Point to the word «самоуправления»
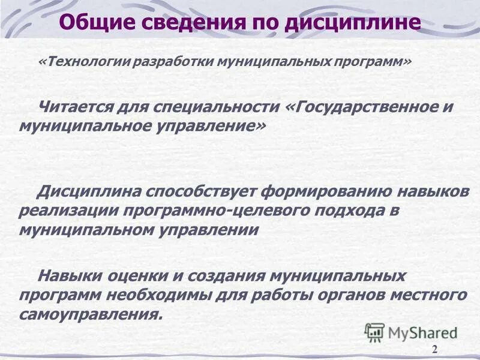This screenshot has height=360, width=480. tap(90, 314)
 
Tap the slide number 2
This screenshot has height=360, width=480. tap(434, 350)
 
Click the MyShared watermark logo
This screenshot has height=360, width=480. tap(412, 332)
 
